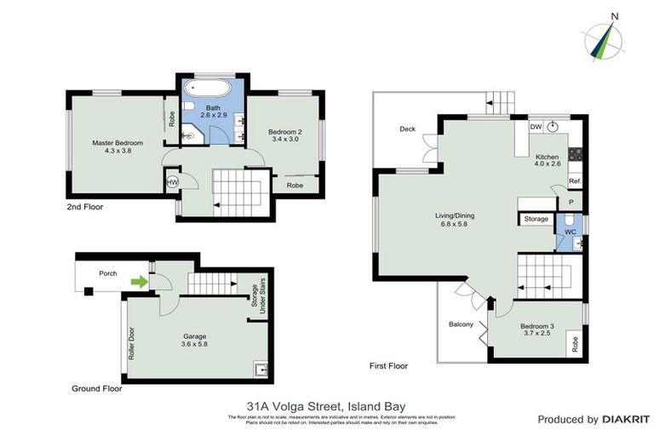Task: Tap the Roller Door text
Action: (131, 341)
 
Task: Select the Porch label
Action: (108, 274)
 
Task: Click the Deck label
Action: (407, 129)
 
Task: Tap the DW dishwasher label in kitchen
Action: (535, 127)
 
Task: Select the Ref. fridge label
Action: (574, 182)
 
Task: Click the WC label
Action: (571, 230)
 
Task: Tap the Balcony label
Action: (460, 324)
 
